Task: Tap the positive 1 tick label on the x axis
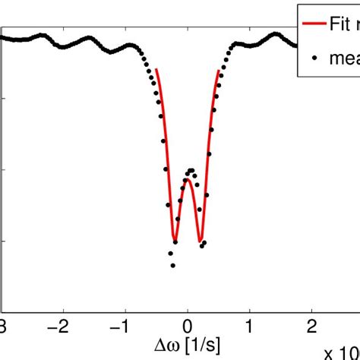(250, 326)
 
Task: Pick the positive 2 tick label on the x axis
(312, 326)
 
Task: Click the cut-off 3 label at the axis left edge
(3, 326)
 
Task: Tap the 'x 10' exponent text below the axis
(341, 352)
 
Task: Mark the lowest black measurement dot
(173, 265)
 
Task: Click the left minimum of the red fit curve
(175, 242)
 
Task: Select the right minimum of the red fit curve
(201, 242)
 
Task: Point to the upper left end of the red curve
(156, 70)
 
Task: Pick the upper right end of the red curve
(219, 70)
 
